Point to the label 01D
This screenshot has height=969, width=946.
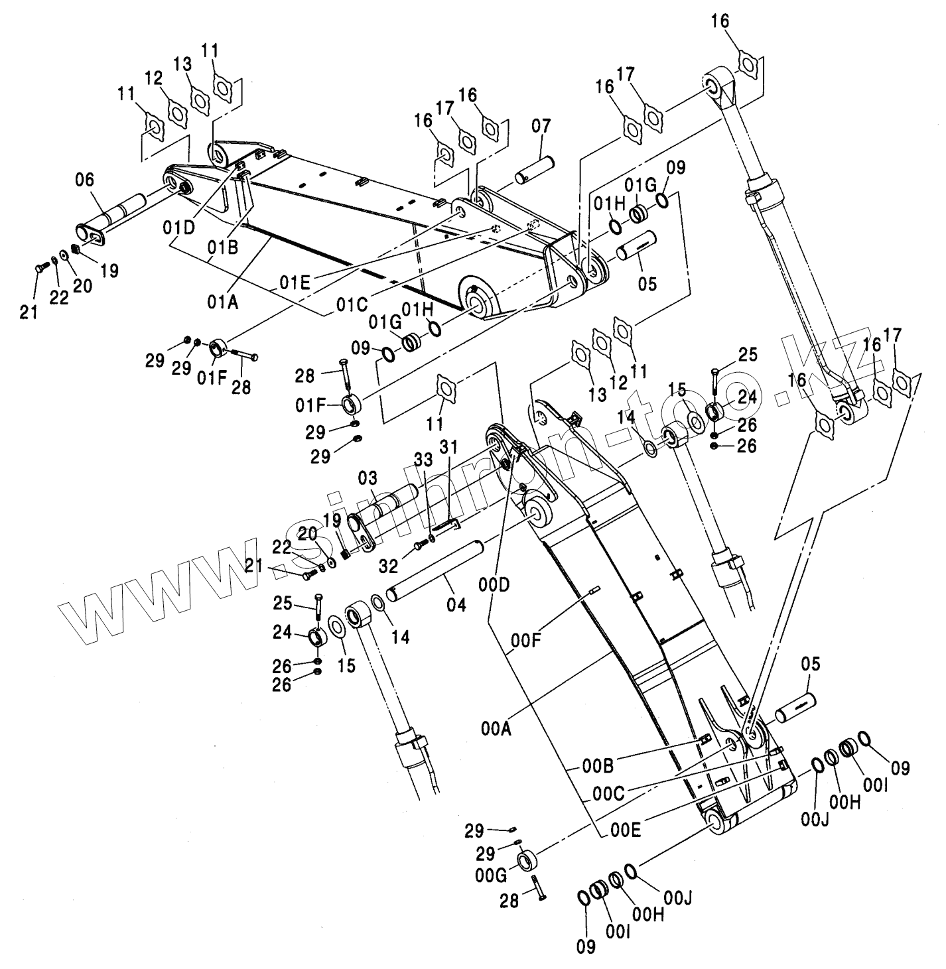pyautogui.click(x=179, y=228)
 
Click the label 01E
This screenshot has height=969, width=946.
pyautogui.click(x=294, y=283)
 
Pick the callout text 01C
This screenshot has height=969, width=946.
pyautogui.click(x=352, y=305)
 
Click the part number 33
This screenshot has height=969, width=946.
pyautogui.click(x=423, y=459)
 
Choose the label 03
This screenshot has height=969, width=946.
pyautogui.click(x=368, y=478)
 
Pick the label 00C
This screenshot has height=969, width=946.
pyautogui.click(x=608, y=793)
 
